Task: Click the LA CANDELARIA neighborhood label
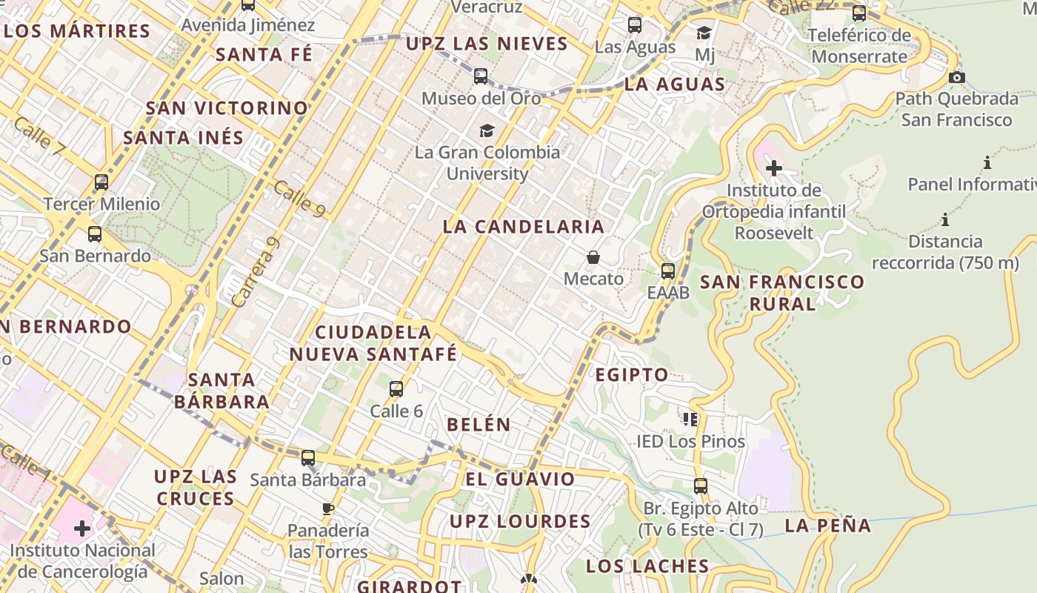(524, 227)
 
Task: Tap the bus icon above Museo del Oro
(481, 76)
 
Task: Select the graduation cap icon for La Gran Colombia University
(487, 130)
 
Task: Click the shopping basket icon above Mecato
(593, 257)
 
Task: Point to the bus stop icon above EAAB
(668, 271)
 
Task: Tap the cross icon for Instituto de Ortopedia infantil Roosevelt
(774, 168)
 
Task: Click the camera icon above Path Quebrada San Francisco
(957, 77)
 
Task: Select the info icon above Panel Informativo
(987, 162)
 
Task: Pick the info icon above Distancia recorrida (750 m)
(945, 219)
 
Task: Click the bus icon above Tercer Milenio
(101, 182)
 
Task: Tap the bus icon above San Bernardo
(95, 234)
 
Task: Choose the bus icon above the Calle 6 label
(396, 388)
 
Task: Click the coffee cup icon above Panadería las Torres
(328, 508)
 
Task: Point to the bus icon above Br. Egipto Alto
(701, 486)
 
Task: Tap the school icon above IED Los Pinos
(691, 420)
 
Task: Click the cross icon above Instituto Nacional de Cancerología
(82, 529)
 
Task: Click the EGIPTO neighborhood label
(632, 375)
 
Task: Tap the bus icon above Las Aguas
(635, 25)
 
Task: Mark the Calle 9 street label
(299, 199)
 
